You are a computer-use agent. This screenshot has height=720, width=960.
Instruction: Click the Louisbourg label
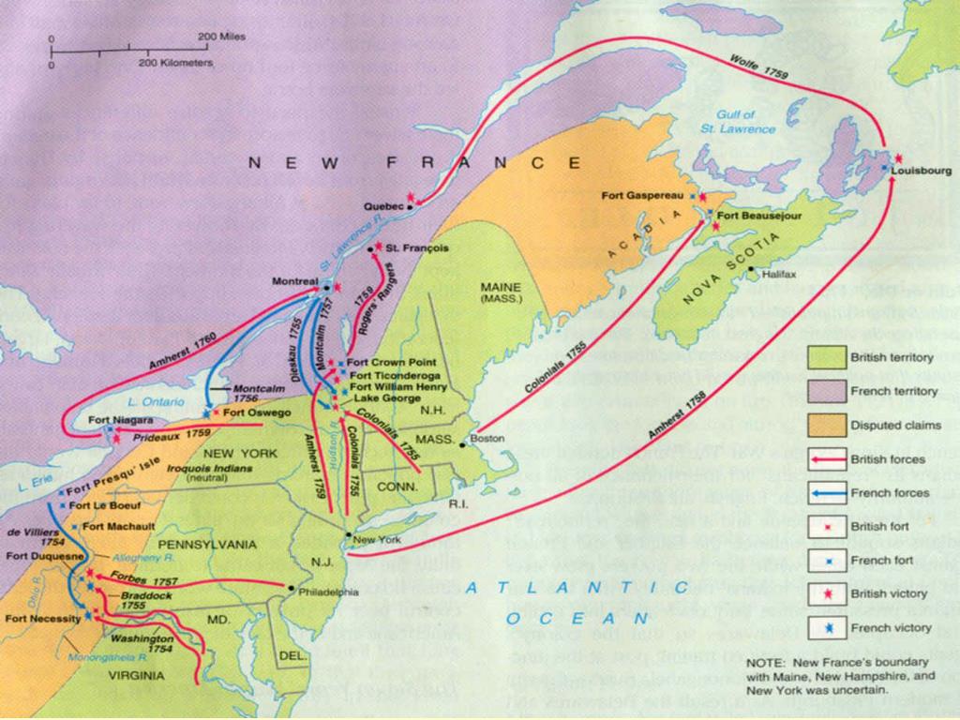click(x=922, y=171)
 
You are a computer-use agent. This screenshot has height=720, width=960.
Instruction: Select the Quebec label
click(x=384, y=205)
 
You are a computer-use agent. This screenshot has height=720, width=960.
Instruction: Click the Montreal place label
click(x=295, y=281)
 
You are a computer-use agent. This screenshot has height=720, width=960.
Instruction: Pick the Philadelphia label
click(x=328, y=592)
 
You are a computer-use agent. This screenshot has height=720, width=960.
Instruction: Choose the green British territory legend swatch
click(x=826, y=357)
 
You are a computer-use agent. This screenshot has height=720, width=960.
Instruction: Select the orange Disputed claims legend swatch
click(x=826, y=425)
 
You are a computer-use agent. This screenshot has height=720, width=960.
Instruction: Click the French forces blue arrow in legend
click(x=826, y=492)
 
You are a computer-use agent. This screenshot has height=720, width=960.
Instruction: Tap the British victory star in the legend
click(x=826, y=593)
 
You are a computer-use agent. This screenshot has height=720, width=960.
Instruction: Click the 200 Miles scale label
click(x=221, y=37)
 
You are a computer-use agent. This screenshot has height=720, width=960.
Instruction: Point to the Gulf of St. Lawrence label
click(x=746, y=121)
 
